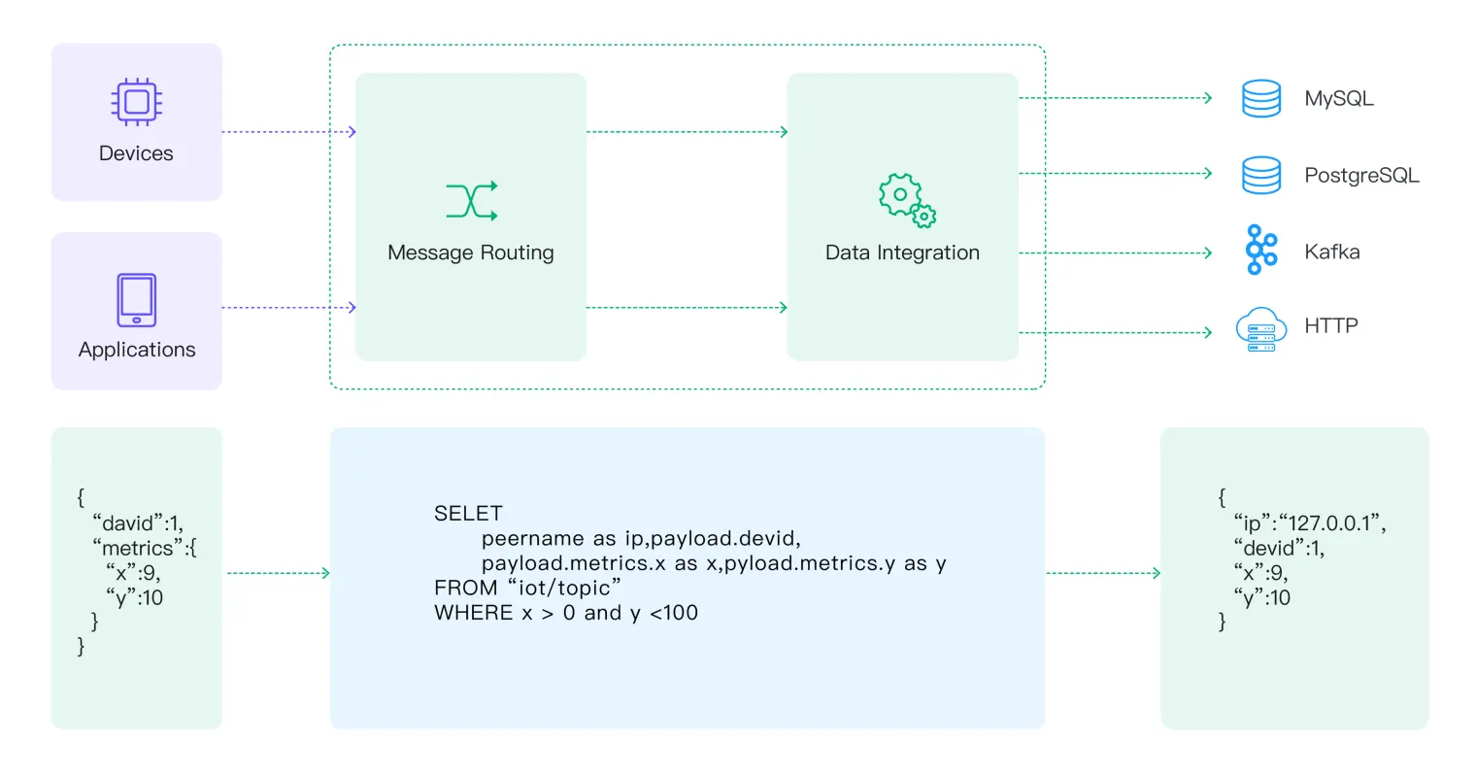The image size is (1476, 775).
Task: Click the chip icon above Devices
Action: coord(136,102)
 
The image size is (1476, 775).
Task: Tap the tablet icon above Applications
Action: coord(136,300)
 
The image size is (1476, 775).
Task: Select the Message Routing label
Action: coord(470,253)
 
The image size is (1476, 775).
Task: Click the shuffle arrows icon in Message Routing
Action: coord(471,200)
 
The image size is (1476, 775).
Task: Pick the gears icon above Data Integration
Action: coord(905,200)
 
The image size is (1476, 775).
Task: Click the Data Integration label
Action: coord(902,253)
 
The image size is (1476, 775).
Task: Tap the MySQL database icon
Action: coord(1260,98)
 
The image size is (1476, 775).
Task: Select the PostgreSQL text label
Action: coord(1361,176)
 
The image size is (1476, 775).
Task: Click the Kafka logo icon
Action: coord(1260,251)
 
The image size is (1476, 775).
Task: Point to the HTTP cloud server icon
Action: coord(1260,329)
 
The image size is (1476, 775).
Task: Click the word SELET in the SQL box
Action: coord(468,513)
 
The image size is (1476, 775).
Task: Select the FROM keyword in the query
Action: coord(465,588)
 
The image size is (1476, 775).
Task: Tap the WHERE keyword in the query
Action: coord(473,613)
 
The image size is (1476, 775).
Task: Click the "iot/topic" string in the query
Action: coord(564,588)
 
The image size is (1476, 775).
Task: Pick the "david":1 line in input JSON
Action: coord(138,523)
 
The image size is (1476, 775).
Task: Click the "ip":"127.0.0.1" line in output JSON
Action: coord(1309,523)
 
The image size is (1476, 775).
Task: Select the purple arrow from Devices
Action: coord(288,132)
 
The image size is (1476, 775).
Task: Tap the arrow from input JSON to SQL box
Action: coord(278,573)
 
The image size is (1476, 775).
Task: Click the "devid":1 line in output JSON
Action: coord(1279,548)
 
